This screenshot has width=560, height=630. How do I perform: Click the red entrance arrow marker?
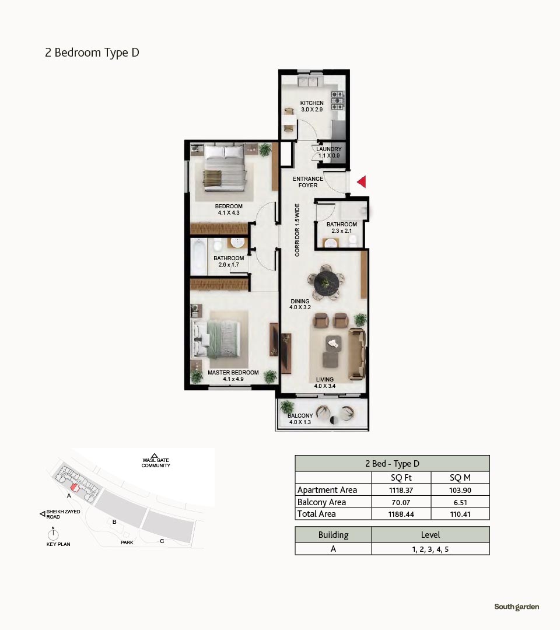tap(362, 181)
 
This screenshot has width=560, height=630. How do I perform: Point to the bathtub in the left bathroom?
tap(198, 257)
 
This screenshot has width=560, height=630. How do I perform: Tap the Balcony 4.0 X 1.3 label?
tap(300, 419)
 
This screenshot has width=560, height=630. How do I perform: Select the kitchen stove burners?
tap(337, 100)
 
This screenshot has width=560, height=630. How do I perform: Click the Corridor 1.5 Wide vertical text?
tap(297, 230)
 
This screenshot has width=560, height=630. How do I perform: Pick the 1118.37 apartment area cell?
tap(401, 490)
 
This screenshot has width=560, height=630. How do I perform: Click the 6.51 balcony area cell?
tap(460, 502)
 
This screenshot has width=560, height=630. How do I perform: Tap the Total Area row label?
tap(317, 514)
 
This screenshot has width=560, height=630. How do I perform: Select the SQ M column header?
tap(460, 478)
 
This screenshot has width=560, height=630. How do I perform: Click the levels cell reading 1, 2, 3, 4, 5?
tap(430, 549)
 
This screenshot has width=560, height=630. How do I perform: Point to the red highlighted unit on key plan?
tap(74, 487)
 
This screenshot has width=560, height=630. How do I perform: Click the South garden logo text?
tap(517, 607)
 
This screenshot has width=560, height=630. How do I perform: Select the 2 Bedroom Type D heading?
tap(92, 52)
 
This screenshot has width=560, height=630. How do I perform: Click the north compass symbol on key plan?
tap(53, 534)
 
